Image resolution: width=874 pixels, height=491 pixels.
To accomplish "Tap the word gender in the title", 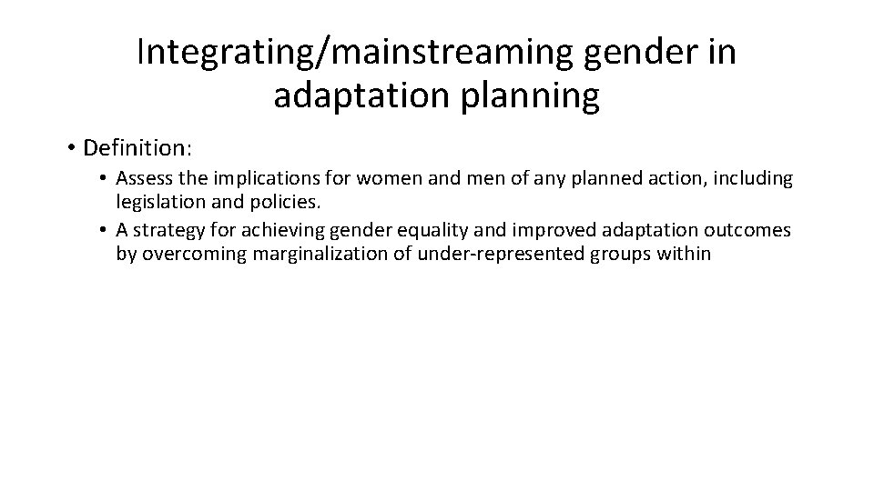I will (x=625, y=53).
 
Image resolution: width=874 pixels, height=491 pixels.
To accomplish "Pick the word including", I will (x=753, y=179).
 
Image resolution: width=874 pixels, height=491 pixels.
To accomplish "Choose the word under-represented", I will (x=489, y=254).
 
